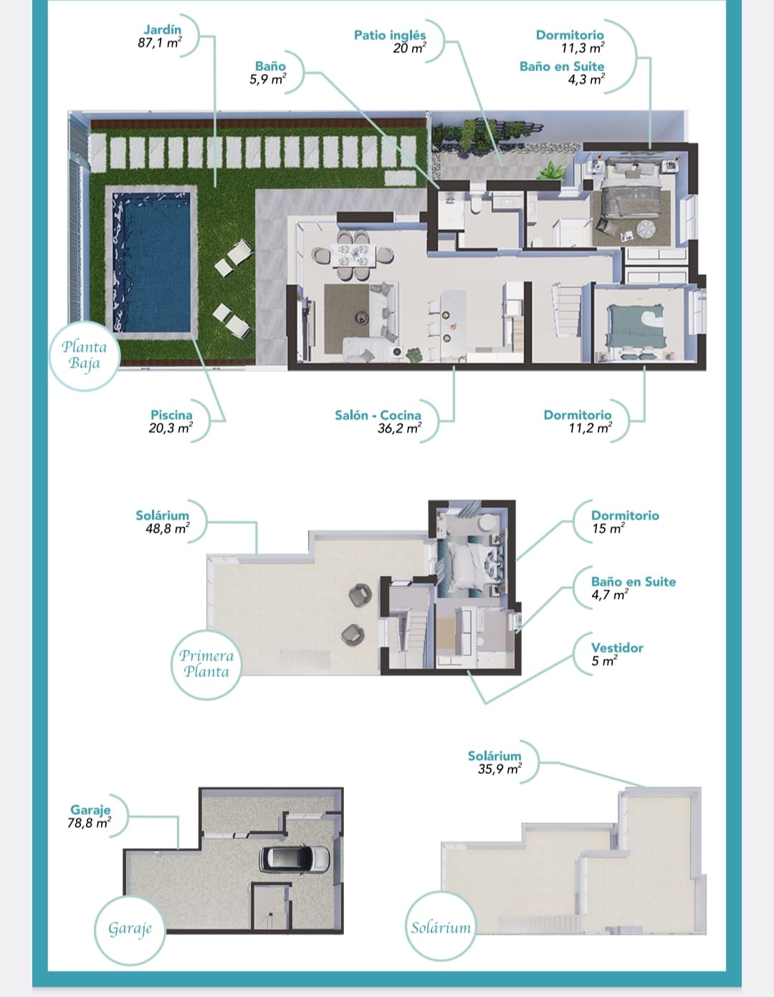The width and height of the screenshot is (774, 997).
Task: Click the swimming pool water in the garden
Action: [x=151, y=262]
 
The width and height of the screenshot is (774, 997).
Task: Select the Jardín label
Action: [x=163, y=30]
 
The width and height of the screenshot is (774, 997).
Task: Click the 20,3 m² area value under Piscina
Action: [x=171, y=428]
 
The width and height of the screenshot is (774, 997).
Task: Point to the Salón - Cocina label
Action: [x=378, y=415]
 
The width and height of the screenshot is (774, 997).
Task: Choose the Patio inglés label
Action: [x=390, y=35]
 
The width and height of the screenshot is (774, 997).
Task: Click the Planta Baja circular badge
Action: [x=85, y=355]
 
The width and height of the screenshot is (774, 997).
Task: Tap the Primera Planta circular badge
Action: [x=206, y=664]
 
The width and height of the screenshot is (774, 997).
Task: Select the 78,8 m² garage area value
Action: [x=89, y=823]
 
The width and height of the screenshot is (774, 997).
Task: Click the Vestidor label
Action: [x=617, y=648]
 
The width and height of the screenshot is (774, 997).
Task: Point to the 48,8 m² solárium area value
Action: [x=168, y=529]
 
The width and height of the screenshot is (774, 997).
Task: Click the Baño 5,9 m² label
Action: [x=268, y=73]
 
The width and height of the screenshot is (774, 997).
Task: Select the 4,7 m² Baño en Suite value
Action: [x=610, y=595]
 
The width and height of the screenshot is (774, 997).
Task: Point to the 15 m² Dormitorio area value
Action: [x=608, y=529]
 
